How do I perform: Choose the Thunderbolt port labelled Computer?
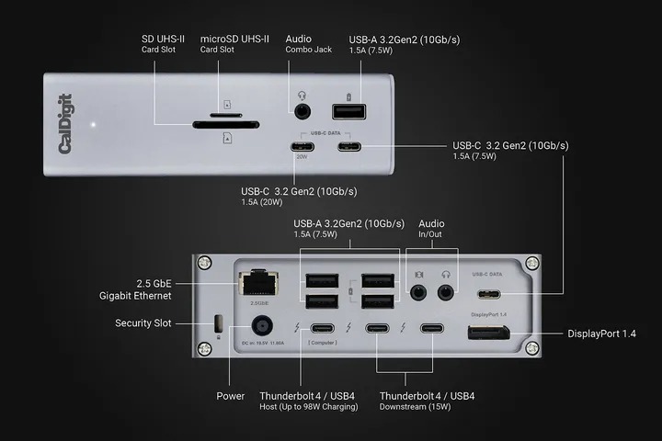[322, 329]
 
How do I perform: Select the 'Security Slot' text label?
[143, 323]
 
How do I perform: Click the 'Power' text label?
[231, 396]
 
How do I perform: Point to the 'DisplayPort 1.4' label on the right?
[601, 333]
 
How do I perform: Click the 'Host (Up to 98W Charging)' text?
[309, 407]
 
